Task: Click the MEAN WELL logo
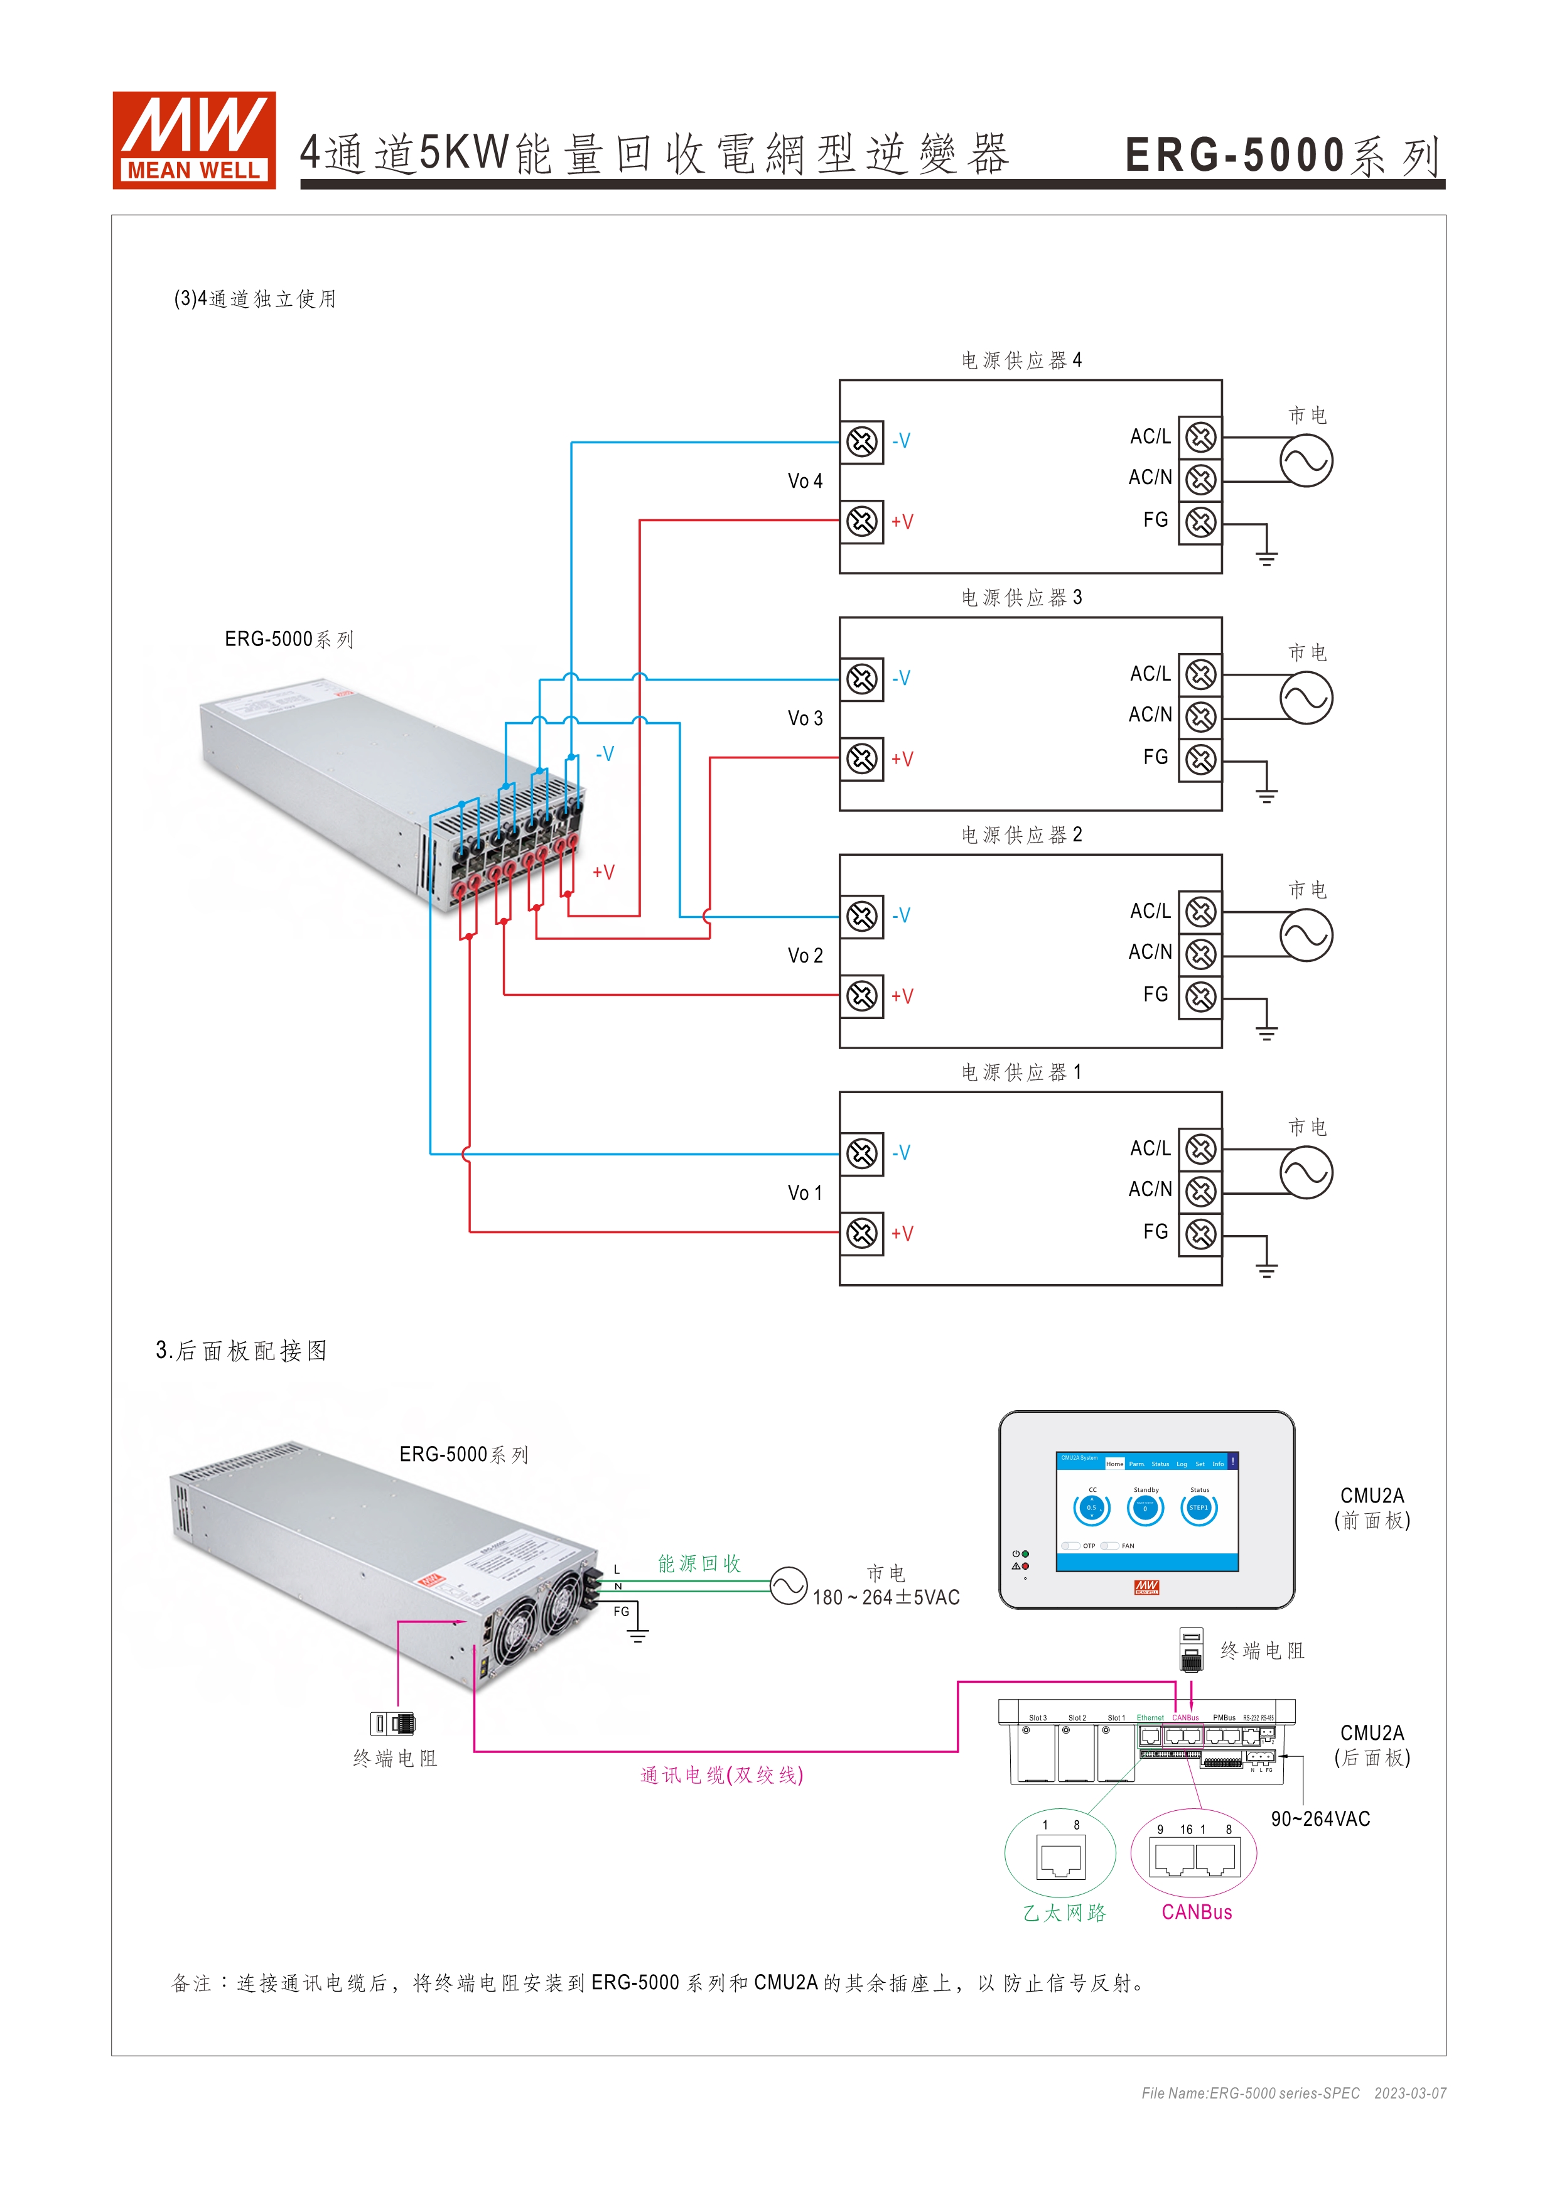193,140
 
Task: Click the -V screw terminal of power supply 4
862,442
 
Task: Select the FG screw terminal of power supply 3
1200,760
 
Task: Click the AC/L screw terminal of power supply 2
1200,912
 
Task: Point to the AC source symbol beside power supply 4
1306,460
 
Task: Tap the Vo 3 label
804,718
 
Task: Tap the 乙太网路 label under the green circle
1064,1913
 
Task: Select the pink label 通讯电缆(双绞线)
721,1775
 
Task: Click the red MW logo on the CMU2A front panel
1146,1587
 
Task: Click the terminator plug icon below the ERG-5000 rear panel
393,1724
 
